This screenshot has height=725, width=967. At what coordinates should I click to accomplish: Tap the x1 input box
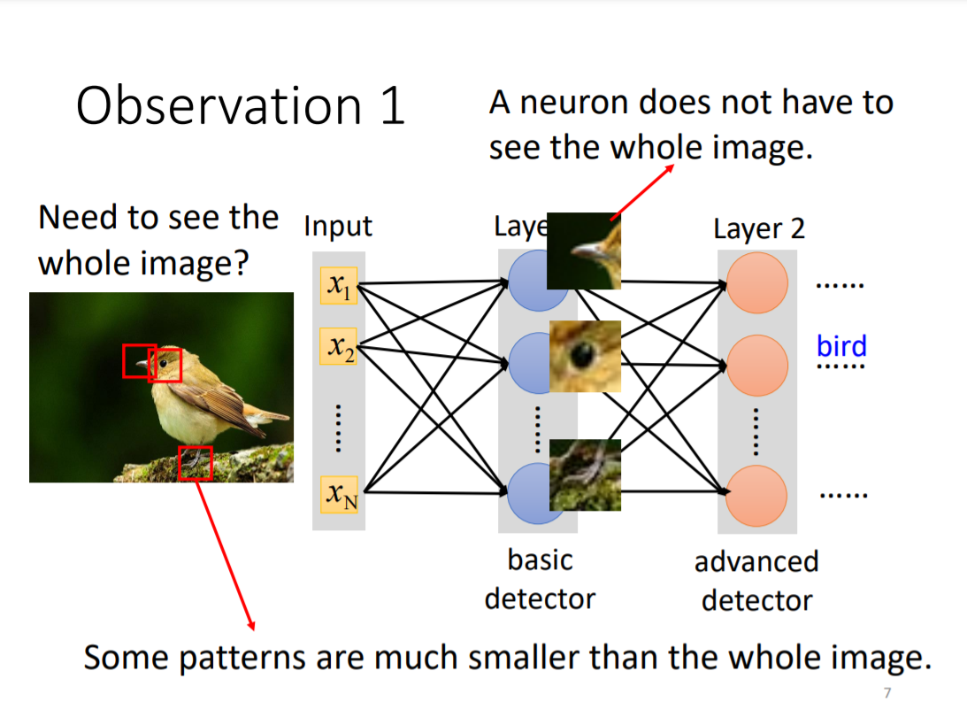(x=339, y=285)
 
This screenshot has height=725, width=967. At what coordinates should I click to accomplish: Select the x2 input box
(x=339, y=346)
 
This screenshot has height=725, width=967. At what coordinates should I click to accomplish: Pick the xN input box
(x=339, y=494)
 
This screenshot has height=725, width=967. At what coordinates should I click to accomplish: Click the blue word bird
(x=841, y=346)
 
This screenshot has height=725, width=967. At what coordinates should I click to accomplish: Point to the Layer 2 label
(x=759, y=228)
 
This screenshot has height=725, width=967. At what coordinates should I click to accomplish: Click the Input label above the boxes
(x=338, y=227)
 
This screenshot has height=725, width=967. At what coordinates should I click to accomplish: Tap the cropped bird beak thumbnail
(x=584, y=251)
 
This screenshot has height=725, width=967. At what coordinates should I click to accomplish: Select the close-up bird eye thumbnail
(x=585, y=356)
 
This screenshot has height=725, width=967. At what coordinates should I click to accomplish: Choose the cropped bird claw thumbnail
(x=585, y=474)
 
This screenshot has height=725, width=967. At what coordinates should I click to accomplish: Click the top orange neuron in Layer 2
(x=756, y=281)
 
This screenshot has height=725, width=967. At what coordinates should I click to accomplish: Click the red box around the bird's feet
(x=196, y=463)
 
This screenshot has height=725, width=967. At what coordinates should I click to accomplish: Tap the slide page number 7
(x=887, y=692)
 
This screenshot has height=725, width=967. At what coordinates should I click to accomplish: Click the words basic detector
(x=540, y=579)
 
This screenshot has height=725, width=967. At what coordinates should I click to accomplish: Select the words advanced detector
(x=756, y=581)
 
